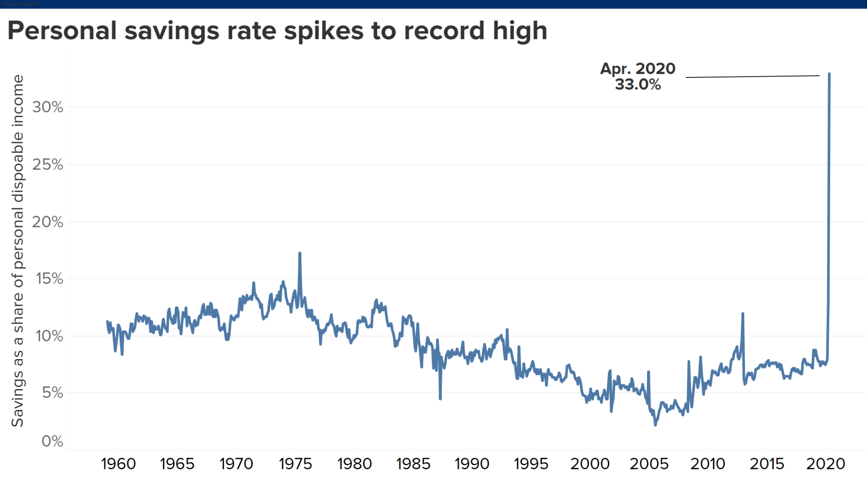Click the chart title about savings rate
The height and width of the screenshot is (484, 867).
point(277,31)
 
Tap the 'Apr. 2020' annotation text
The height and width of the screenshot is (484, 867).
point(637,69)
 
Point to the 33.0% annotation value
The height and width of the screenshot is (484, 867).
point(637,84)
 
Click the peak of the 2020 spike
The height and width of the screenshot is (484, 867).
point(829,74)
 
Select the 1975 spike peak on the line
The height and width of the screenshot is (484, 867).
point(300,253)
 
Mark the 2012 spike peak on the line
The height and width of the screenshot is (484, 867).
point(743,314)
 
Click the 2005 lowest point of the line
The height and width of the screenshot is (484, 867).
point(656,425)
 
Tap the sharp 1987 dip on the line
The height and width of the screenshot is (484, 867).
point(440,399)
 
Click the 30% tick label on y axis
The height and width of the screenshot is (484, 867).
point(47,107)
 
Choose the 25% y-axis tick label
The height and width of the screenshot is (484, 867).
point(47,165)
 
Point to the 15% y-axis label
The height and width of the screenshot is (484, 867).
point(49,278)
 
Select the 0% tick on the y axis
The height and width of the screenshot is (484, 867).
point(52,441)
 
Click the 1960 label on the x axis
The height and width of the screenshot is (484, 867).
point(118,464)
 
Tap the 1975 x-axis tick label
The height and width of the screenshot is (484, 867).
point(295,464)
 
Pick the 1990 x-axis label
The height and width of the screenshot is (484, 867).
point(472,464)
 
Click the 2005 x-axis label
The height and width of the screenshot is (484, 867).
point(649,464)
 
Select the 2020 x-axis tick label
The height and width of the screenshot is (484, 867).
point(826,464)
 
